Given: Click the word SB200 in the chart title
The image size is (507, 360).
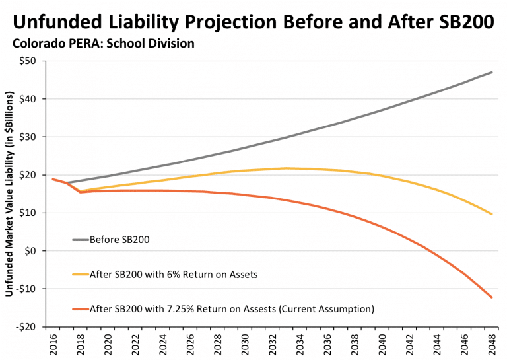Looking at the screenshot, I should [x=456, y=22].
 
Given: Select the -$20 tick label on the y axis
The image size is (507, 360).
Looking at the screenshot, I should [x=30, y=327].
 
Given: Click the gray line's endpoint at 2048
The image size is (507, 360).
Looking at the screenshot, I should [x=492, y=72].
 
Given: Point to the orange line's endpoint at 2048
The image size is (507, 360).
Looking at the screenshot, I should [x=492, y=297].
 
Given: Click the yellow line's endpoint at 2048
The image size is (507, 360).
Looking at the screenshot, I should [x=492, y=214].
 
